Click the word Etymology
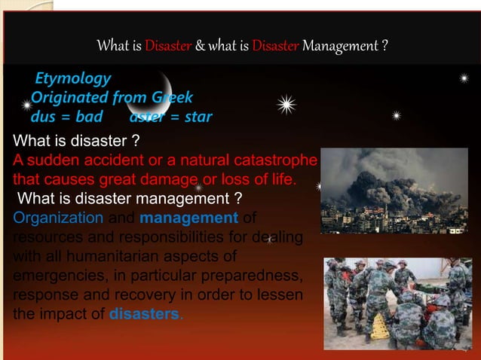coord(72,78)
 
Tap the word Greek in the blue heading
coord(172,97)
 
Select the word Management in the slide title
coord(341,47)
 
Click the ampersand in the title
coord(200,47)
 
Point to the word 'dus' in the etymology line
coord(43,117)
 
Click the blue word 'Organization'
coord(58,218)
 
